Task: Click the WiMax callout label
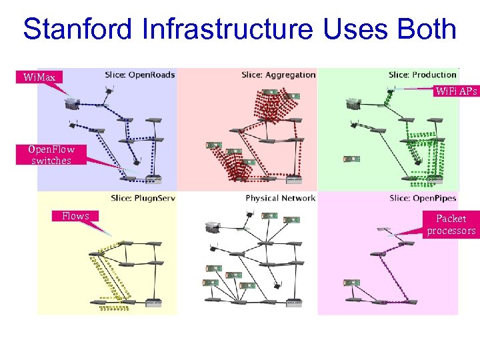click(x=40, y=77)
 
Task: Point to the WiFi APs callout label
click(x=456, y=91)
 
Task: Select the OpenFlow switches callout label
click(x=51, y=155)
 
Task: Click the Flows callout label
click(x=75, y=215)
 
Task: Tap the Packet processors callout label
click(x=451, y=225)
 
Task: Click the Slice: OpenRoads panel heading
click(x=139, y=75)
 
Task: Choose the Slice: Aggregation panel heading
click(x=279, y=75)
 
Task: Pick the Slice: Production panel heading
click(x=423, y=75)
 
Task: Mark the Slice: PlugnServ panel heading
click(x=142, y=198)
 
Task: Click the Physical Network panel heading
click(x=280, y=198)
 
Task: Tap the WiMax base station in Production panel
click(x=353, y=103)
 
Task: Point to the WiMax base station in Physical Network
click(x=213, y=227)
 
